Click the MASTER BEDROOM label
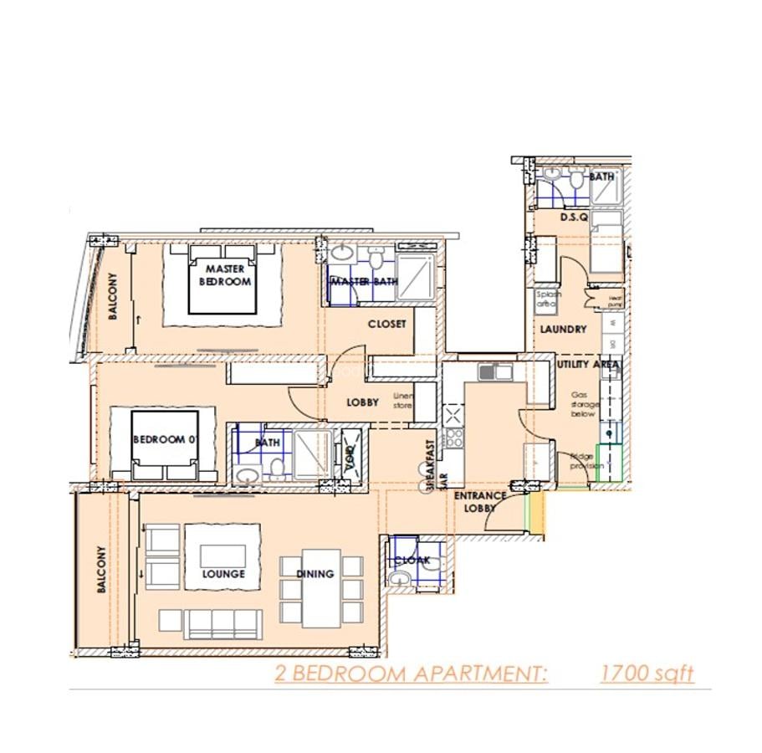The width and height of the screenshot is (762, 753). pyautogui.click(x=224, y=275)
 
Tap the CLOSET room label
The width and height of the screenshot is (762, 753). pyautogui.click(x=386, y=324)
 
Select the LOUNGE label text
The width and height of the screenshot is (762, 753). pyautogui.click(x=223, y=574)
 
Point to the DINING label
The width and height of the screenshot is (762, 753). pyautogui.click(x=315, y=574)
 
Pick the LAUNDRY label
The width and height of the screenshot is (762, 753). pyautogui.click(x=563, y=330)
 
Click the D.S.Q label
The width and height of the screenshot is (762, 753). pyautogui.click(x=575, y=217)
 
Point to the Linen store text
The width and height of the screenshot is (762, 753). pyautogui.click(x=403, y=400)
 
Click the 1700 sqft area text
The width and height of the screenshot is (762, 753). pyautogui.click(x=647, y=674)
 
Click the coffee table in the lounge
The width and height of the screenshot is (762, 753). pyautogui.click(x=222, y=556)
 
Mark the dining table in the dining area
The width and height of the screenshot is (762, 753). pyautogui.click(x=321, y=588)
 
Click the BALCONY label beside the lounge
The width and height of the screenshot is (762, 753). pyautogui.click(x=102, y=571)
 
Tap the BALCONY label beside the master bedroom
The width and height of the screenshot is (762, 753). pyautogui.click(x=113, y=298)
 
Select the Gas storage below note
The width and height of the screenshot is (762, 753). pyautogui.click(x=583, y=404)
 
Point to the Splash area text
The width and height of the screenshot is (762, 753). pyautogui.click(x=549, y=300)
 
